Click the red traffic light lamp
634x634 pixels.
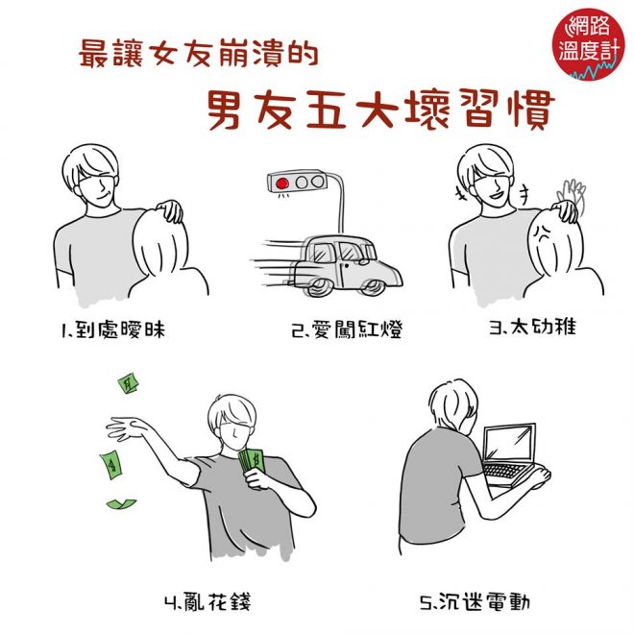pyautogui.click(x=281, y=183)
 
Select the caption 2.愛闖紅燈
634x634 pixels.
pyautogui.click(x=347, y=329)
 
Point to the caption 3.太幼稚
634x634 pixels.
pyautogui.click(x=532, y=327)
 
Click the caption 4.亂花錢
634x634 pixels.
pyautogui.click(x=207, y=601)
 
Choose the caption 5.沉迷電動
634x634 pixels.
pyautogui.click(x=475, y=602)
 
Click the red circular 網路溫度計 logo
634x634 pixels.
pyautogui.click(x=586, y=44)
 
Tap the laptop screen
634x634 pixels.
pyautogui.click(x=509, y=442)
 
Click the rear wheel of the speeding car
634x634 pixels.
pyautogui.click(x=319, y=288)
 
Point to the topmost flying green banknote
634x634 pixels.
pyautogui.click(x=129, y=384)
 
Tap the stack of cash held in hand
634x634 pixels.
pyautogui.click(x=252, y=462)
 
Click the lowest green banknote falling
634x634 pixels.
pyautogui.click(x=121, y=503)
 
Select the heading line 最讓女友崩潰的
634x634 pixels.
pyautogui.click(x=198, y=54)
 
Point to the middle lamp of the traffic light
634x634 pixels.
pyautogui.click(x=302, y=183)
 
